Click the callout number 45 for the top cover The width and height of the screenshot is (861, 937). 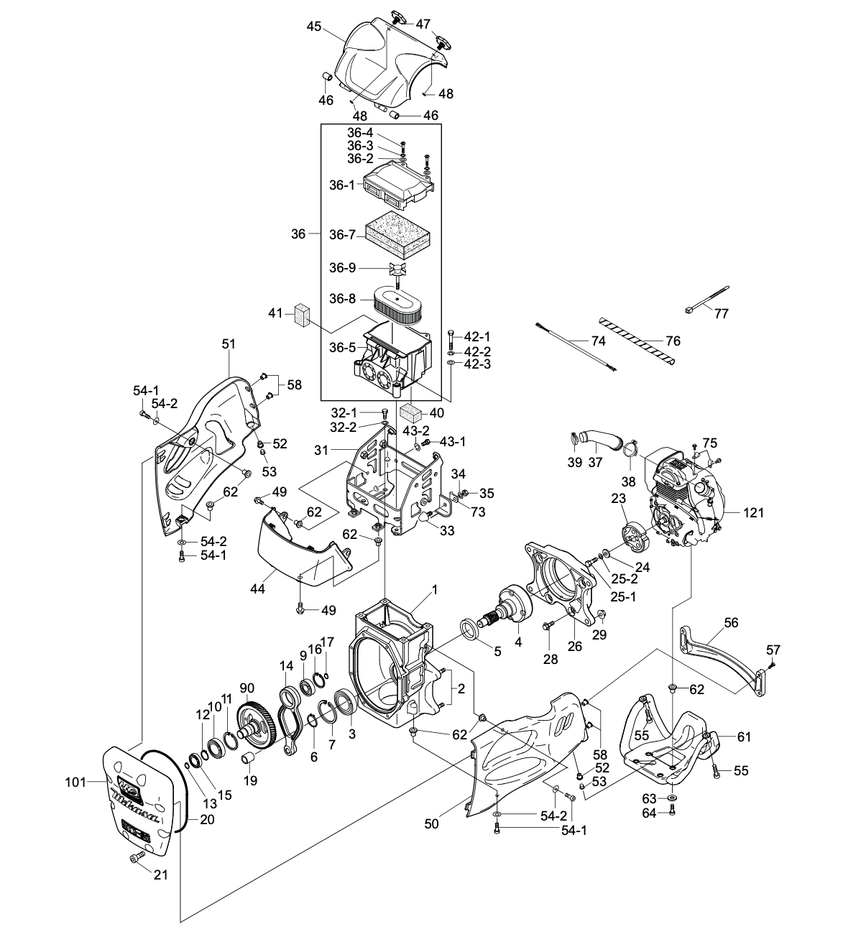[313, 26]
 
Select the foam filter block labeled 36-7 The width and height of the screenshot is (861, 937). [397, 234]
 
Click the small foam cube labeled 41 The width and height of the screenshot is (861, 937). [300, 314]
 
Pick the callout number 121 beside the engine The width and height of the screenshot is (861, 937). [754, 512]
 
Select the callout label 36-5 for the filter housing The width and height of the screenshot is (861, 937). [341, 347]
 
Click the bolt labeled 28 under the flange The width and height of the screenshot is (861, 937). [548, 625]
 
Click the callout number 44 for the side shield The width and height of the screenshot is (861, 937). [257, 589]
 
